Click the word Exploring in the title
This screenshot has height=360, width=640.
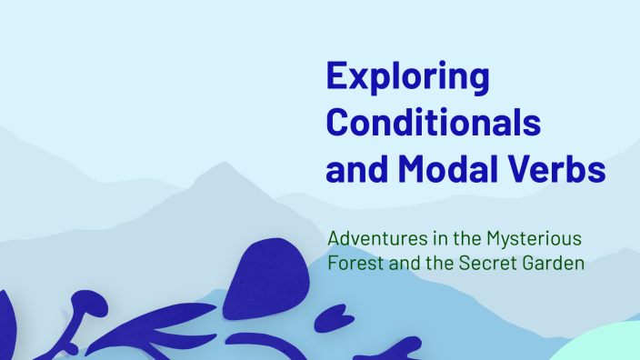(407, 76)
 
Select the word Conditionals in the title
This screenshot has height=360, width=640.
(433, 121)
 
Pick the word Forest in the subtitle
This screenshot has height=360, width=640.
(352, 265)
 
